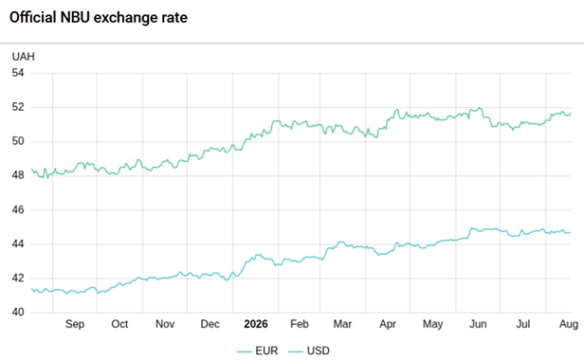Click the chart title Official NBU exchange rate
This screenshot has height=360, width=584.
tap(99, 17)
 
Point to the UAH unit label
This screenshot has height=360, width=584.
tap(23, 57)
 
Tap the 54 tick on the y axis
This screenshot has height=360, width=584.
tap(18, 73)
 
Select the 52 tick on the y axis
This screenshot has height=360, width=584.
tap(18, 107)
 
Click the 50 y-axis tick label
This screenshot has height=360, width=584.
tap(18, 141)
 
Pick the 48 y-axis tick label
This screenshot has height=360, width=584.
tap(18, 175)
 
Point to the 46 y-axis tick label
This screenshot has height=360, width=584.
tap(18, 209)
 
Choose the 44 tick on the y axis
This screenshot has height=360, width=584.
tap(18, 243)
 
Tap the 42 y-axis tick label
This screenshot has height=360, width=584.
tap(18, 279)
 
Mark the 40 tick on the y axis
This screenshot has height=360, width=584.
tap(18, 312)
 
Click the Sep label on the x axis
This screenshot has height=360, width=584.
tap(75, 324)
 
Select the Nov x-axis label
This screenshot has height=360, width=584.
tap(165, 324)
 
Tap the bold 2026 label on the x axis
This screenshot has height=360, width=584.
tap(256, 324)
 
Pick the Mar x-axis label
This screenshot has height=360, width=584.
tap(342, 324)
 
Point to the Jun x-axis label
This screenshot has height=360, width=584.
tap(478, 324)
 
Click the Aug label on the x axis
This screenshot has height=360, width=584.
tap(569, 324)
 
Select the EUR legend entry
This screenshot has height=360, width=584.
tap(257, 351)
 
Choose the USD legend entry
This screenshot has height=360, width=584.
tap(309, 351)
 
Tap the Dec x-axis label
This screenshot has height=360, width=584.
tap(210, 324)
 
